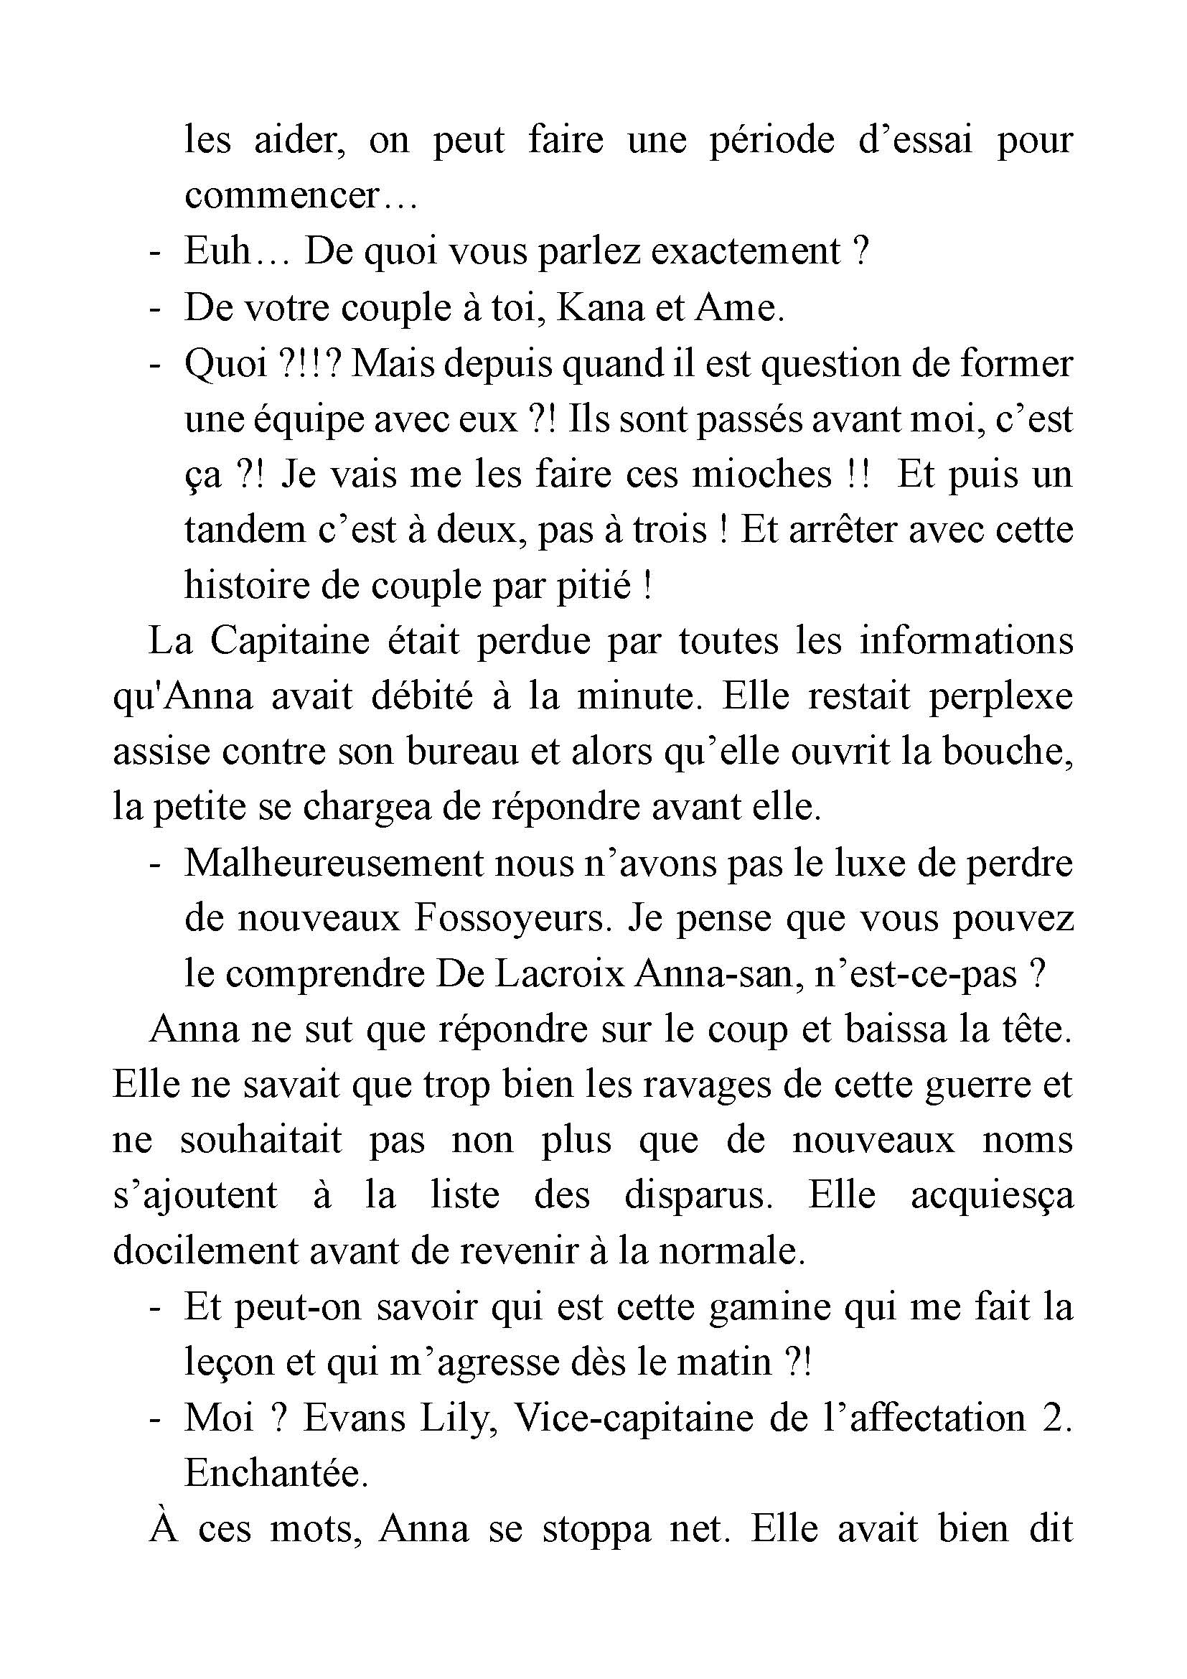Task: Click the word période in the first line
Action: pos(772,139)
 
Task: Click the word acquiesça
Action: pos(992,1197)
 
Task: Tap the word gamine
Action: pos(769,1306)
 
